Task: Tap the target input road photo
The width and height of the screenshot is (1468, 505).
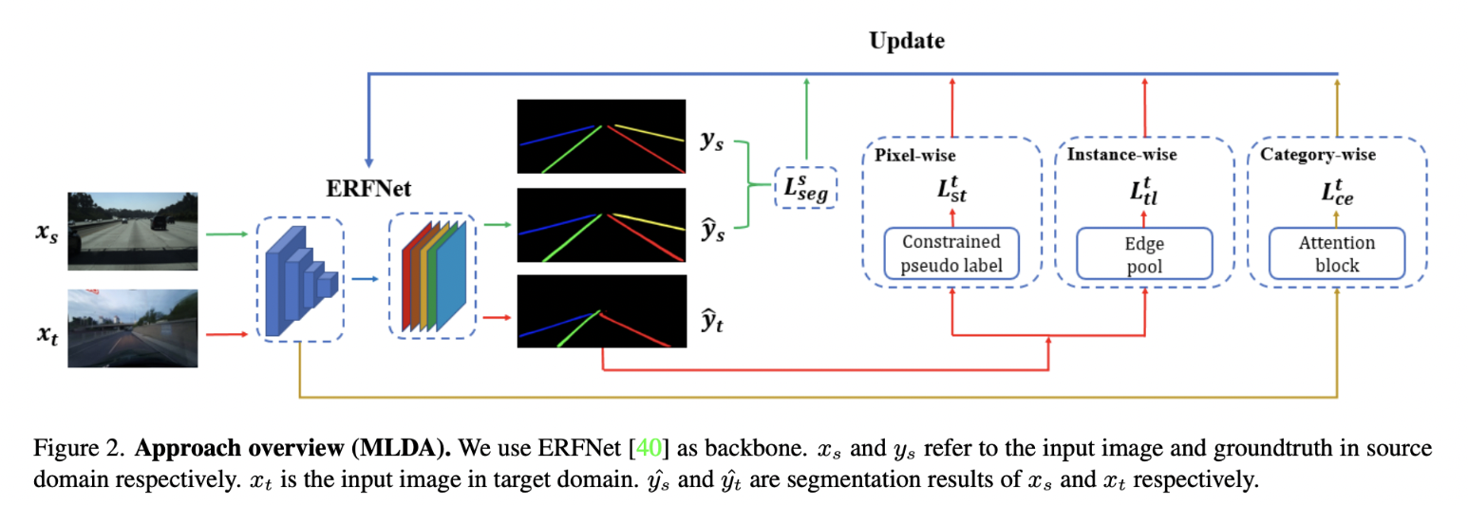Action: point(131,327)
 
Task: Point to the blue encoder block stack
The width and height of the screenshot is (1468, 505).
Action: point(298,279)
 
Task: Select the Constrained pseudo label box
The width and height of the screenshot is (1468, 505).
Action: point(951,253)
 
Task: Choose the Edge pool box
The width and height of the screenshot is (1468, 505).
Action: point(1143,253)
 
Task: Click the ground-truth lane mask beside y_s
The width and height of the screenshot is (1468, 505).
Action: point(601,137)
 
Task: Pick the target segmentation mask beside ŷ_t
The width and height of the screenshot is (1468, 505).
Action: point(601,310)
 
